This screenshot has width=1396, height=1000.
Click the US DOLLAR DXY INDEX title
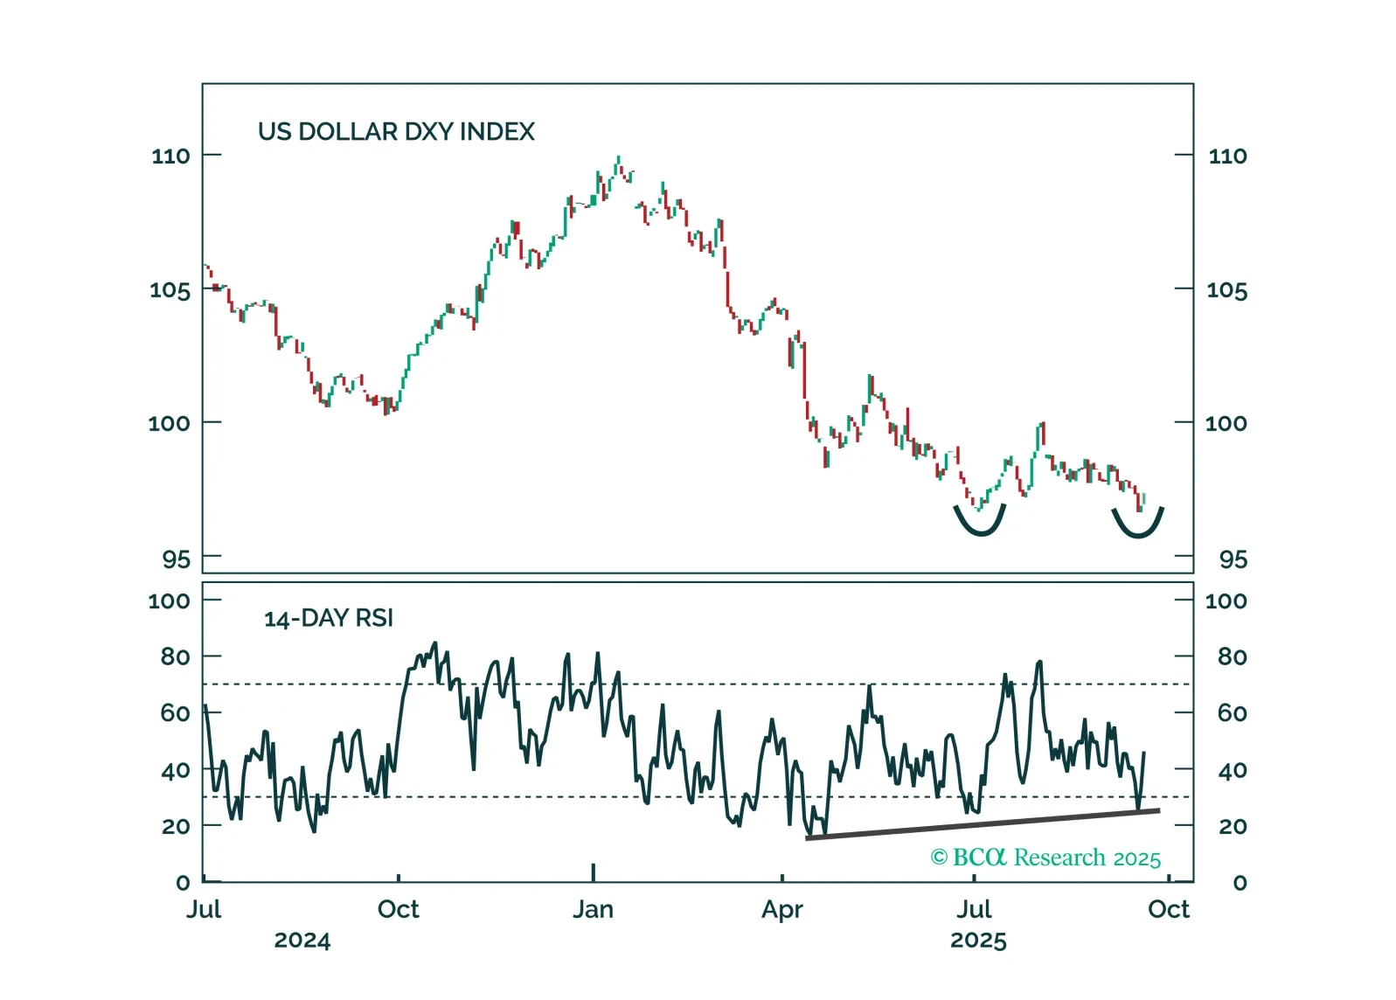(396, 132)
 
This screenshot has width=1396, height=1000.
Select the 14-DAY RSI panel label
(329, 619)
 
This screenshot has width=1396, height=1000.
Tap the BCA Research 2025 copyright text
(1045, 858)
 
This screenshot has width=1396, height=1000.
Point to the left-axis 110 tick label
(170, 156)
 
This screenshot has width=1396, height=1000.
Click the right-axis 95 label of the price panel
(1233, 559)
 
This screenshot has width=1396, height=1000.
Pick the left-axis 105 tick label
(170, 290)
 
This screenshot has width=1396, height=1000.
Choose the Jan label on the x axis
(593, 910)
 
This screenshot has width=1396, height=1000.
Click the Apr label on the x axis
(781, 910)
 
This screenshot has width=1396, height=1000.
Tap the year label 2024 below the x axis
(302, 941)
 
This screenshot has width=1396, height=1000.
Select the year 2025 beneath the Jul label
(978, 941)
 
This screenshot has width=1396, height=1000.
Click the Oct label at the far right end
(1169, 910)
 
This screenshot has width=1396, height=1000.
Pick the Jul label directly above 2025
(974, 910)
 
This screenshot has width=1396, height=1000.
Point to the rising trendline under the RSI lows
(983, 824)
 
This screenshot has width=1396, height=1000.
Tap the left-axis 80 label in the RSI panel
(175, 656)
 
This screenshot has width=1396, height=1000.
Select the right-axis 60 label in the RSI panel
(1232, 713)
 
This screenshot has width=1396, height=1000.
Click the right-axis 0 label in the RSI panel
(1240, 883)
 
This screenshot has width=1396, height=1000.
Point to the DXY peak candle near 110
(618, 163)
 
